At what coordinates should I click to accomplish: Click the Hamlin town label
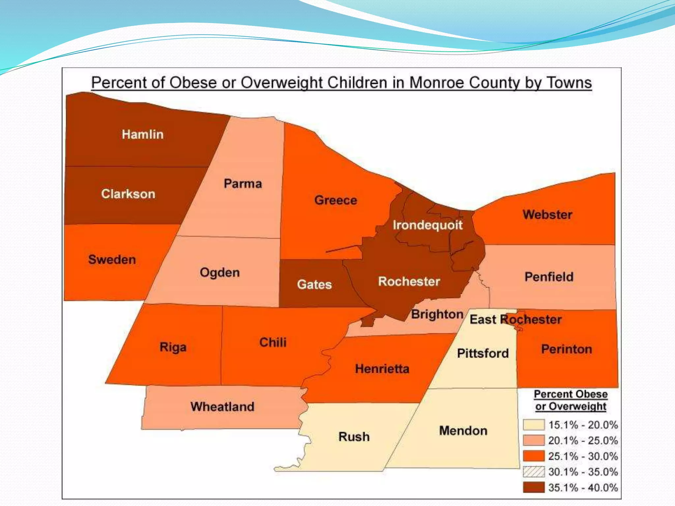142,134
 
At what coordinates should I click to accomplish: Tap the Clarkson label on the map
128,194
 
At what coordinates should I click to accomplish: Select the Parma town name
243,183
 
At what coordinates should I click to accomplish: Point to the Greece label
336,200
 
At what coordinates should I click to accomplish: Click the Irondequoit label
427,225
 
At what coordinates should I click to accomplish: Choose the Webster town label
547,214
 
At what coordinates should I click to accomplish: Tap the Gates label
314,284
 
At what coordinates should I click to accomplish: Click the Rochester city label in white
409,281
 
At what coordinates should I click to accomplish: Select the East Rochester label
515,319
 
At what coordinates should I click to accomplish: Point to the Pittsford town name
483,353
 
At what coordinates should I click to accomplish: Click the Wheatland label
222,407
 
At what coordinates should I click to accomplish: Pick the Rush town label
354,436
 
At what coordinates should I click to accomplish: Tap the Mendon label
463,431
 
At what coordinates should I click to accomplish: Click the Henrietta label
382,369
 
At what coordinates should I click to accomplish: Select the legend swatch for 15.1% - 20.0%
534,425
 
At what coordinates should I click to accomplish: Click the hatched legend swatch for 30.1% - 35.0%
534,472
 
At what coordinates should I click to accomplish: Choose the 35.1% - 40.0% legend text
583,488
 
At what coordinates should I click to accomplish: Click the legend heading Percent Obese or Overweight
571,400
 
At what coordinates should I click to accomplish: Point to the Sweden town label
112,259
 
